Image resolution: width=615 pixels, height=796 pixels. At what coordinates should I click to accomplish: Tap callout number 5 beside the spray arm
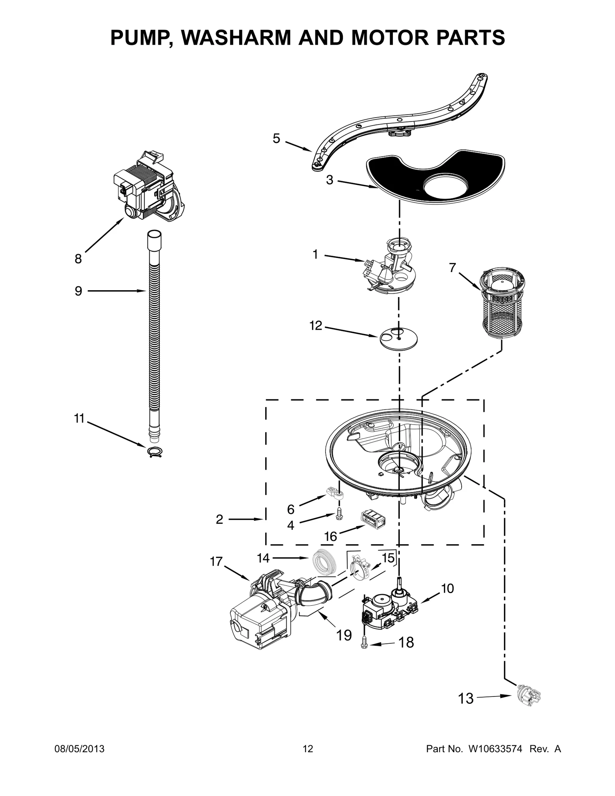point(276,138)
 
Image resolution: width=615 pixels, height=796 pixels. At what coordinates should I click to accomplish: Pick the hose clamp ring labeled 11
point(154,452)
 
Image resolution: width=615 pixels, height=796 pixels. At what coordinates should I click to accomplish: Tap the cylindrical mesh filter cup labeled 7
point(503,304)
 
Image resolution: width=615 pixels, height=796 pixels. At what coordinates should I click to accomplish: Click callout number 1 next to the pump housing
point(315,254)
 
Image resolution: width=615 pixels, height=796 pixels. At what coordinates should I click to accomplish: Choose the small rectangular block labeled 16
point(373,520)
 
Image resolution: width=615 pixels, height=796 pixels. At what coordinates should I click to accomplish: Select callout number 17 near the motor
point(216,562)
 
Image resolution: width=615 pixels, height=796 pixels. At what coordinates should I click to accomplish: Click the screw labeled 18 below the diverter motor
point(364,644)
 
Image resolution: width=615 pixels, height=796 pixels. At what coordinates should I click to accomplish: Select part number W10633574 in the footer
point(495,749)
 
